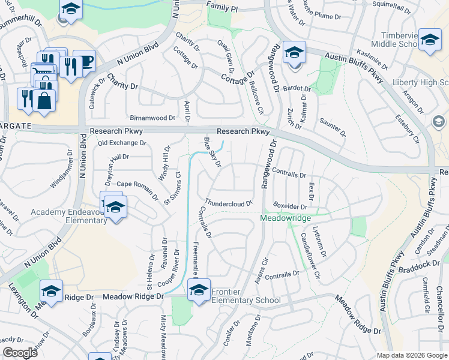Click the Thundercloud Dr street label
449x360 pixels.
[x=229, y=203]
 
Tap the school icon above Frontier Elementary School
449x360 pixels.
[x=198, y=290]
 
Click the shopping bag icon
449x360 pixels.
[x=44, y=100]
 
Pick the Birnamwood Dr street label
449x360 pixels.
[x=152, y=118]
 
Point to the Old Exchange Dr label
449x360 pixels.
[x=122, y=143]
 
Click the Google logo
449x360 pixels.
[x=20, y=353]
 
